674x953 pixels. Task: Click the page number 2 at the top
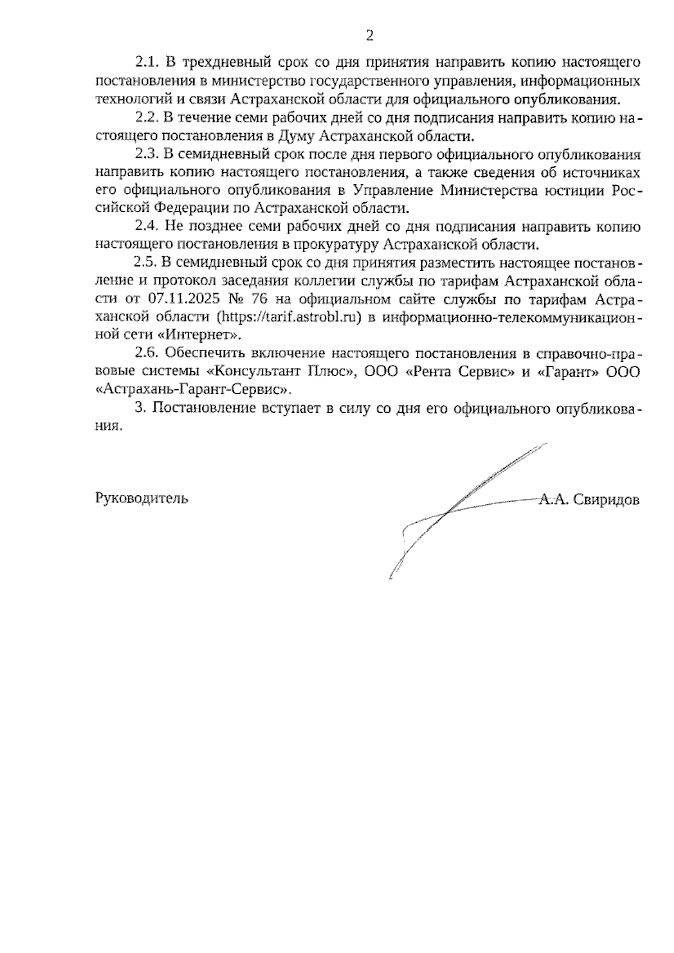(x=369, y=37)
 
